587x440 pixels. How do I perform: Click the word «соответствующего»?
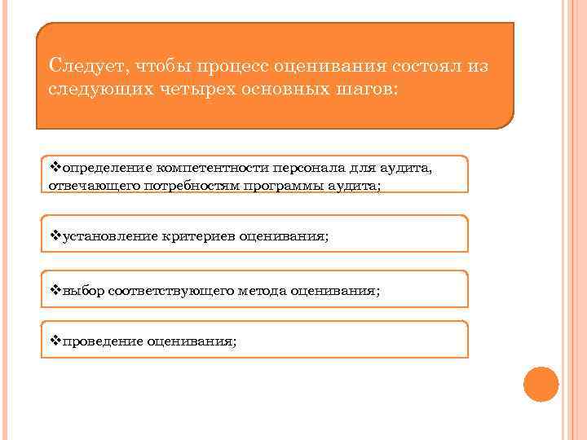tap(170, 291)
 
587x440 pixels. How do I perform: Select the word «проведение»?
tap(101, 341)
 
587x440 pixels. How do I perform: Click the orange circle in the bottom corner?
tap(541, 384)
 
